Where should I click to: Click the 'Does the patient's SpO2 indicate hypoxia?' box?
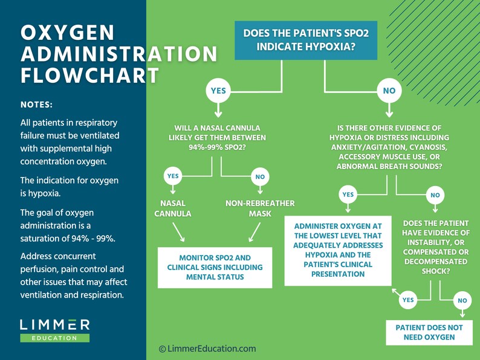point(306,40)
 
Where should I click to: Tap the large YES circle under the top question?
point(218,91)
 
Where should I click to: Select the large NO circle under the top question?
point(389,91)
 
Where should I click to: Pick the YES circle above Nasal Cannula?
point(173,176)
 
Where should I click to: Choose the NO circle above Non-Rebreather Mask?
point(260,177)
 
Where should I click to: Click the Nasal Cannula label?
point(173,208)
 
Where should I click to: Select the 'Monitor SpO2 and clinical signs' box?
point(207,267)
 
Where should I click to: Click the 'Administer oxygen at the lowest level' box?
point(338,249)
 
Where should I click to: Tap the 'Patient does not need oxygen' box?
point(429,332)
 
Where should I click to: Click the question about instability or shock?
point(435,247)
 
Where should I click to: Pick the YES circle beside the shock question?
point(408,300)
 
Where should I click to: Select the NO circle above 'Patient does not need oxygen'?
point(462,300)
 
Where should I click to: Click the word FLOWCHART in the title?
point(90,76)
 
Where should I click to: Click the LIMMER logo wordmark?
point(55,324)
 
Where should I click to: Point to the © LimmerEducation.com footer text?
point(207,349)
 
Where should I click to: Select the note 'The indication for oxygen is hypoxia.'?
point(70,187)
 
